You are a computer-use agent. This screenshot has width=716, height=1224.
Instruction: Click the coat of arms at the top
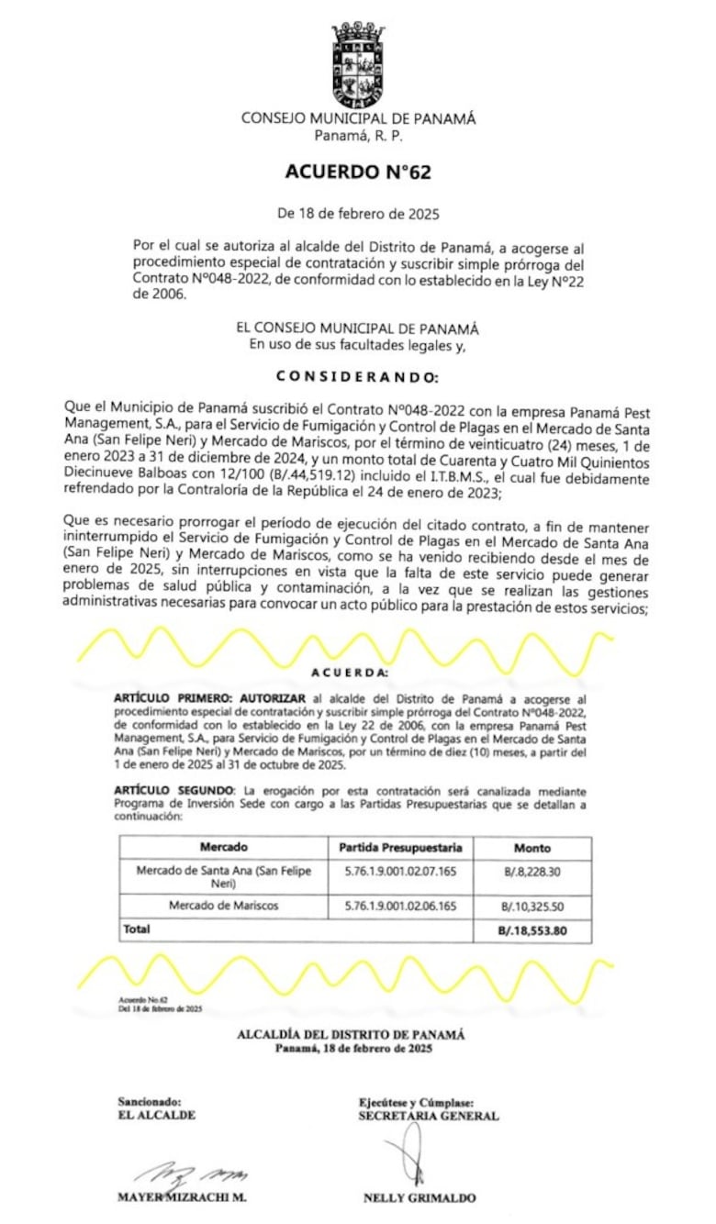tap(358, 64)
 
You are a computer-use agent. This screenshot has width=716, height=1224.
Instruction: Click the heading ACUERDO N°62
tap(358, 172)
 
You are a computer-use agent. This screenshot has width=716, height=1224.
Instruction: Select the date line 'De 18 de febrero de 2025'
tap(358, 214)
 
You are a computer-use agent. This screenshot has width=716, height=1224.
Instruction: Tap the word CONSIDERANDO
tap(358, 377)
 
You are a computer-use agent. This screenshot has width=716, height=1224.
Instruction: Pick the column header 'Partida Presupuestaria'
tap(400, 847)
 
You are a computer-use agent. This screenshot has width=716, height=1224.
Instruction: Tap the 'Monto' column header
tap(532, 848)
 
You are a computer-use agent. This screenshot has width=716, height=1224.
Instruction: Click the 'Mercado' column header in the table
tap(223, 847)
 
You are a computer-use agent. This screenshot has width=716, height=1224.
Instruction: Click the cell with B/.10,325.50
tap(532, 907)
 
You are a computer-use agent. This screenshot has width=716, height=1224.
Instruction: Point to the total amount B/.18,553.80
tap(532, 929)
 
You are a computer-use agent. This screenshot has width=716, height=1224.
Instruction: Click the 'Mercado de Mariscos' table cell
tap(223, 906)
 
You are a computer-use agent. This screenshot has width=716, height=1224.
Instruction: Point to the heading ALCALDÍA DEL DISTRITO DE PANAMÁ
tap(352, 1034)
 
